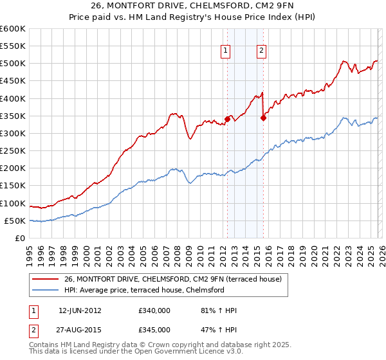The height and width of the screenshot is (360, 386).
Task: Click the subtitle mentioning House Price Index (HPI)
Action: coord(192,19)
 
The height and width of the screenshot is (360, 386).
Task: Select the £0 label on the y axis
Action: coord(19,239)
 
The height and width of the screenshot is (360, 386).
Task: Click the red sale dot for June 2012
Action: coord(227,119)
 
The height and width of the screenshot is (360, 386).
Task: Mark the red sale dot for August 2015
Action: coord(263,118)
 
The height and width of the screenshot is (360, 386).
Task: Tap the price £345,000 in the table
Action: coord(154,329)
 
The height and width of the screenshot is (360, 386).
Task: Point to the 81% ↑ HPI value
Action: coord(219,310)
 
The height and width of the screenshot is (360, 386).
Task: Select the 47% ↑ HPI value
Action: coord(219,329)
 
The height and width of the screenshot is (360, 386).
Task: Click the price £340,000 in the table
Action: coord(154,310)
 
